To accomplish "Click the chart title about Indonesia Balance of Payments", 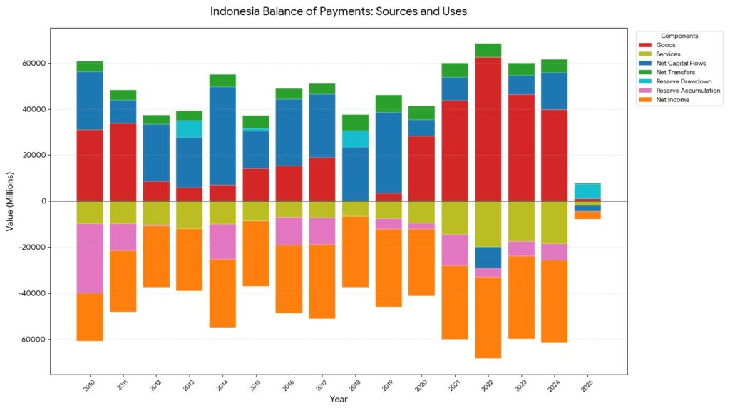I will [x=339, y=12].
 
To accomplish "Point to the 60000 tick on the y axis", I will [x=34, y=64].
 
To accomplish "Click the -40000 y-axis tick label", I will [x=32, y=293].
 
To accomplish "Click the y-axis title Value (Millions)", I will [x=10, y=201].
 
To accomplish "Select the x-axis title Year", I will [x=339, y=400].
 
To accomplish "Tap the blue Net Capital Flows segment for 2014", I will [x=222, y=136].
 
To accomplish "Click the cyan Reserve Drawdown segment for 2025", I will [x=588, y=191].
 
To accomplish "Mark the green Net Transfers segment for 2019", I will [x=389, y=103].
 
